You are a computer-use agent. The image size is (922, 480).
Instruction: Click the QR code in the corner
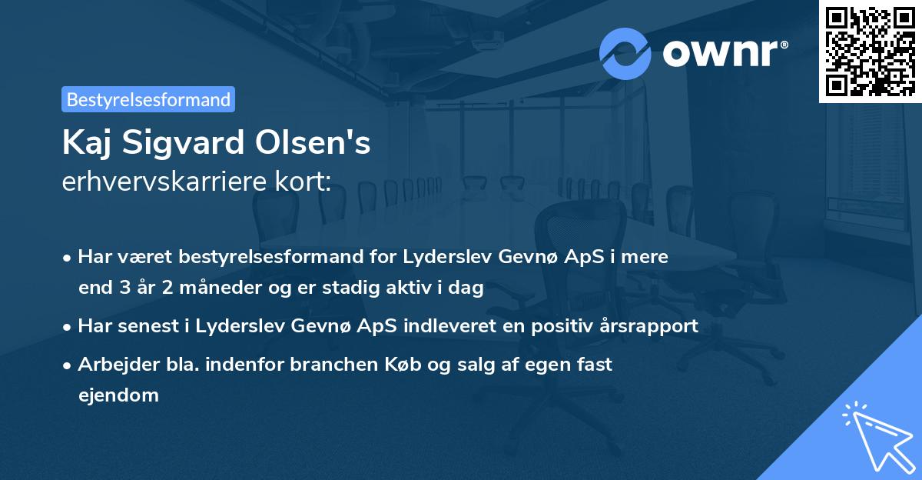pos(870,51)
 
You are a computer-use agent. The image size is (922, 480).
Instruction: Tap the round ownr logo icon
pos(625,54)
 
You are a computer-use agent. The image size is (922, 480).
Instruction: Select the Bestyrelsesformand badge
pos(148,99)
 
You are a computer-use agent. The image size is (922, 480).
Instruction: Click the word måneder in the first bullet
pos(192,288)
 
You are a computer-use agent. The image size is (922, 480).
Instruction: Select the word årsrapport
pos(648,326)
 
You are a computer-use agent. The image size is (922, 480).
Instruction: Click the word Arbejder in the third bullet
pos(112,364)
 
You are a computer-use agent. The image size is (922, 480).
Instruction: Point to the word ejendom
pos(118,395)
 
